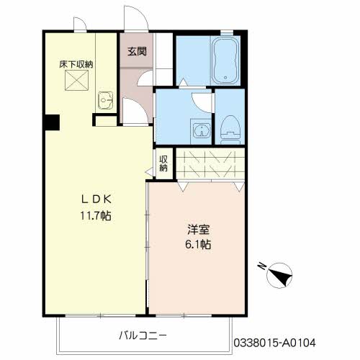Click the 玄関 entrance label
(x=137, y=51)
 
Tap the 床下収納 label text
(x=76, y=64)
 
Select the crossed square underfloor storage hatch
(x=76, y=80)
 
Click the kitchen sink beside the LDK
(x=106, y=100)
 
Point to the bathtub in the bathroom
(x=225, y=60)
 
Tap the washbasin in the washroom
(x=202, y=131)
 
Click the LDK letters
(x=96, y=199)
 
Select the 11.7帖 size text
(x=96, y=216)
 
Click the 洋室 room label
(x=198, y=229)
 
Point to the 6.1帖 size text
(x=198, y=245)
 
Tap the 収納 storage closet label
(x=163, y=163)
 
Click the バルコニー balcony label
(x=143, y=336)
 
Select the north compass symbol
(x=279, y=276)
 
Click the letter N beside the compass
(x=261, y=266)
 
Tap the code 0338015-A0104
(x=274, y=343)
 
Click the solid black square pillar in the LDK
(x=53, y=122)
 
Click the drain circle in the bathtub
(x=225, y=77)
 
